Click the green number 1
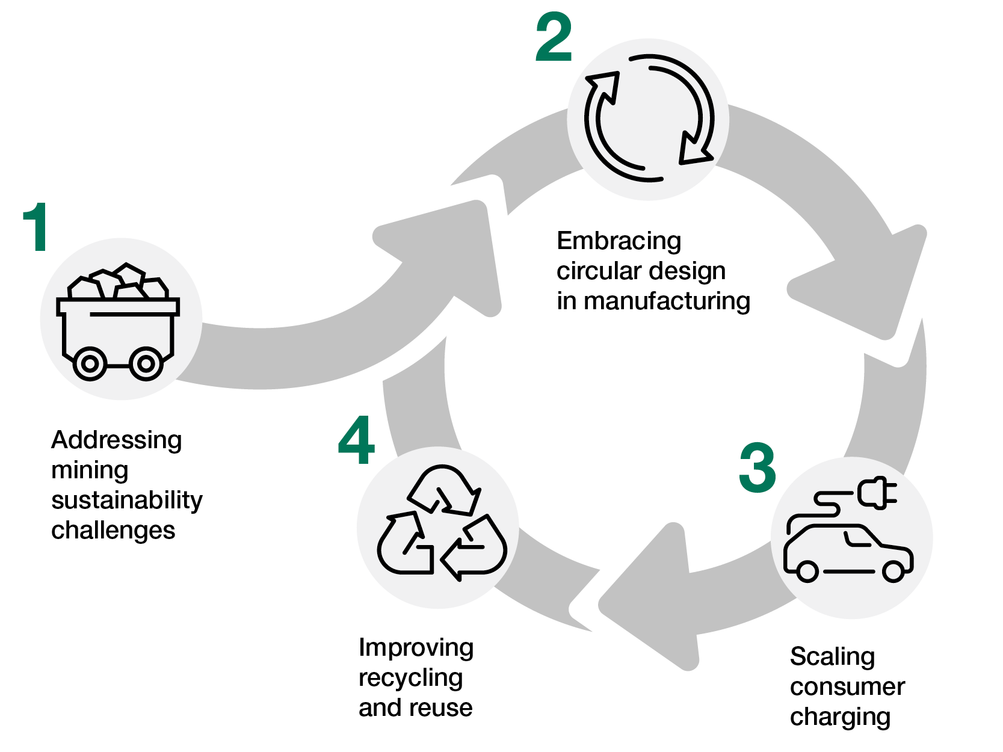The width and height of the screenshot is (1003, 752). [36, 227]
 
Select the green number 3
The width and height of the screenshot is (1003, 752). [758, 468]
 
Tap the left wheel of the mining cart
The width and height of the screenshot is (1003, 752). [90, 363]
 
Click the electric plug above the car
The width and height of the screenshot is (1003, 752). [875, 492]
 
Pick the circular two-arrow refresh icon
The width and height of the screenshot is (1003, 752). [649, 118]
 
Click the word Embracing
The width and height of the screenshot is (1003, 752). [619, 241]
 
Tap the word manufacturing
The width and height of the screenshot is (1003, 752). [667, 301]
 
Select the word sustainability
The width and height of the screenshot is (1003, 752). [127, 501]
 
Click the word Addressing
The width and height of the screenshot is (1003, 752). [116, 440]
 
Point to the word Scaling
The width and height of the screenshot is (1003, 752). [832, 657]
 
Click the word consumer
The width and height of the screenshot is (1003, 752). [847, 687]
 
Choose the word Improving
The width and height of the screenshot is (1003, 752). [416, 648]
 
